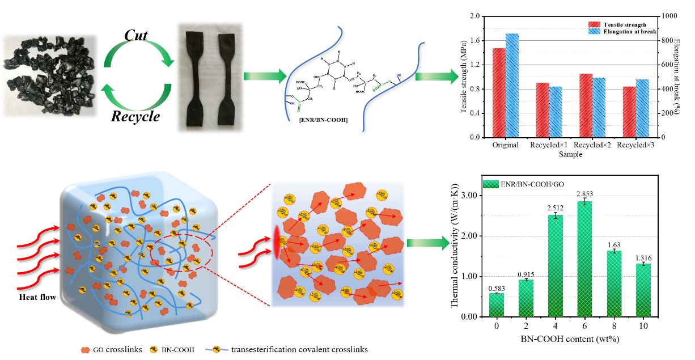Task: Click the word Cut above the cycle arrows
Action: (x=136, y=36)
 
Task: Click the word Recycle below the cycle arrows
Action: (x=135, y=117)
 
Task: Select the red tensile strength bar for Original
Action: (x=499, y=93)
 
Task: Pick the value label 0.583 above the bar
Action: (x=497, y=289)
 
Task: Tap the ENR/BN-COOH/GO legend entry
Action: (x=517, y=184)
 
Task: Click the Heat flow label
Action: (x=37, y=297)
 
